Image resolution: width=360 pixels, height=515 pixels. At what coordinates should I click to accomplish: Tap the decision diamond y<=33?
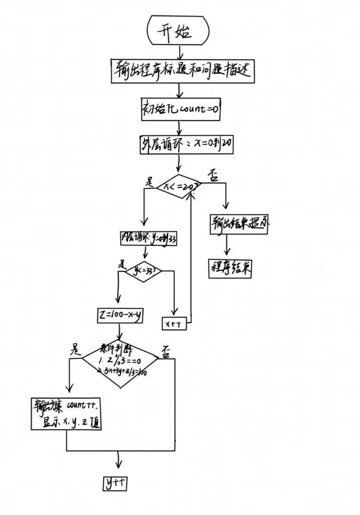coord(144,272)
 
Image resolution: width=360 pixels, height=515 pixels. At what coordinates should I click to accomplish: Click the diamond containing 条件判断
coord(120,362)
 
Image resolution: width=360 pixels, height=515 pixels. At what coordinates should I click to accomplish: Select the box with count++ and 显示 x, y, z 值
coord(66,414)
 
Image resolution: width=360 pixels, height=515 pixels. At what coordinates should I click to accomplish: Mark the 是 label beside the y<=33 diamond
coord(122,264)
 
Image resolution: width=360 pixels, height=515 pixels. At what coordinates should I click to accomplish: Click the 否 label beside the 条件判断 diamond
coord(166,351)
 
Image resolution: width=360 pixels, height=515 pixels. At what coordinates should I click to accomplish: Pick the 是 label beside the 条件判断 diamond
coord(76,348)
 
